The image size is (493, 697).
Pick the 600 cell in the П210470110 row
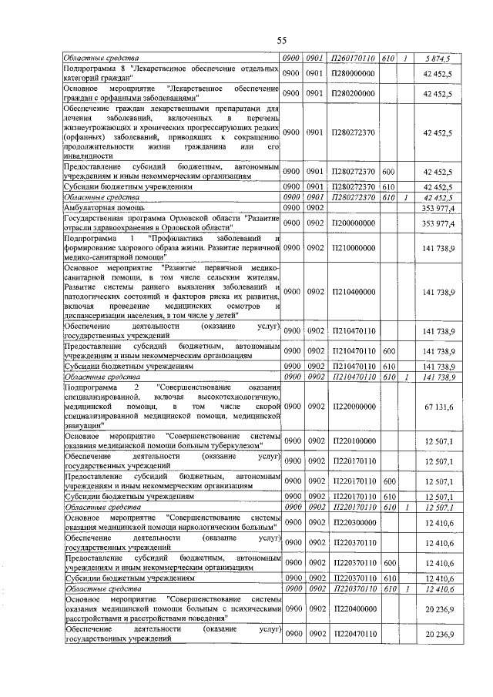[x=389, y=351]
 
